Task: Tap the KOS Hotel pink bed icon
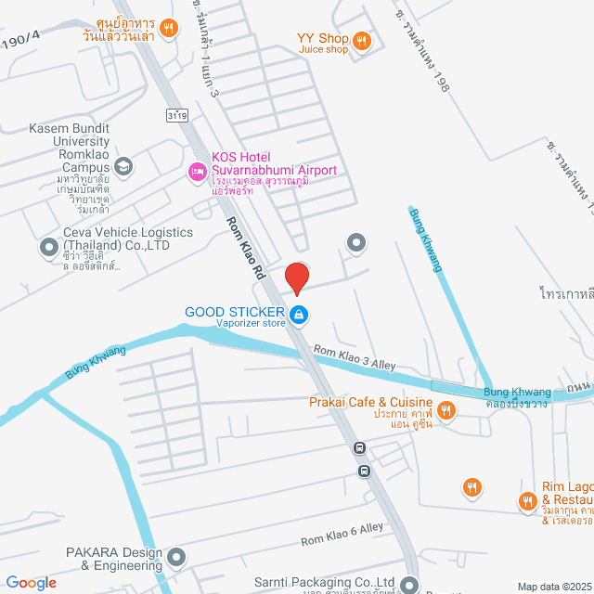coord(196,171)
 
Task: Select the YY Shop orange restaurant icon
coord(362,40)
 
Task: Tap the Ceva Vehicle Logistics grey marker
coord(48,248)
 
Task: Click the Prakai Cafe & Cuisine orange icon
coord(445,409)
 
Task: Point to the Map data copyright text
coord(553,587)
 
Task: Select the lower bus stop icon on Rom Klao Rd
coord(366,470)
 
